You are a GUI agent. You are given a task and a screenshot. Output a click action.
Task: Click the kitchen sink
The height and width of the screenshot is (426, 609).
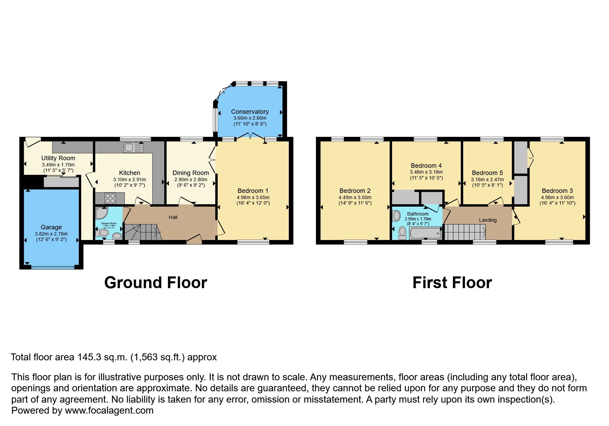(133, 148)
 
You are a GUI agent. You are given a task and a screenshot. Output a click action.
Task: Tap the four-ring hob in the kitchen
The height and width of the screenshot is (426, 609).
(110, 198)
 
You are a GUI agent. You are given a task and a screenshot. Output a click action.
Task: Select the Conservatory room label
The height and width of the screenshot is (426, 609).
(250, 112)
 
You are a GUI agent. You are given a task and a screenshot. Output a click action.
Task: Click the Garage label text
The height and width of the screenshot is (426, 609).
(51, 227)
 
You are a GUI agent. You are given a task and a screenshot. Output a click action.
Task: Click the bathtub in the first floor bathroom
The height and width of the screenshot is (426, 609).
(425, 234)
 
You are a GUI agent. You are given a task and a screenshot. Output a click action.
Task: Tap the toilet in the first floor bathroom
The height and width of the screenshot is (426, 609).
(402, 233)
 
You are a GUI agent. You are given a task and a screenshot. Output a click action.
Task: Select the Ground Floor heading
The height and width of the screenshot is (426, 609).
(155, 283)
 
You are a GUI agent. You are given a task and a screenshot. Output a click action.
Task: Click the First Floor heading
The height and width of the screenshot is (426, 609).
(452, 283)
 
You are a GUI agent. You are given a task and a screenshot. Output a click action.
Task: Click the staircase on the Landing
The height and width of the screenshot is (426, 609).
(465, 232)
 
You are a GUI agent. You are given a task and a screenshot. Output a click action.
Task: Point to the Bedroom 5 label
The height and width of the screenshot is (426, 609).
(487, 173)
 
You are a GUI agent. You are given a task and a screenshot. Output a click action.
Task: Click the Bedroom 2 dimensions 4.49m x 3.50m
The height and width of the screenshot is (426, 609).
(355, 198)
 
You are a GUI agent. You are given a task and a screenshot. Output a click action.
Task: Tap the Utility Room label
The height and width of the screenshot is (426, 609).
(58, 158)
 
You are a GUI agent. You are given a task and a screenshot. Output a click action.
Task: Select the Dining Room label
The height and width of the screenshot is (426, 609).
(191, 173)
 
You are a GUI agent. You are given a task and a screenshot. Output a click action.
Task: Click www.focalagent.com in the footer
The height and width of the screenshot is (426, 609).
(109, 411)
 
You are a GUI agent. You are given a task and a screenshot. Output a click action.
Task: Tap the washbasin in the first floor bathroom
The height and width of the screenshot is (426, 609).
(396, 216)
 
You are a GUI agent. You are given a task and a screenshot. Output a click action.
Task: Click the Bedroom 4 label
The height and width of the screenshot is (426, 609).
(426, 166)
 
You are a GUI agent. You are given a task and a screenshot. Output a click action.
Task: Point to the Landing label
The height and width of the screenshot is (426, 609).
(488, 220)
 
